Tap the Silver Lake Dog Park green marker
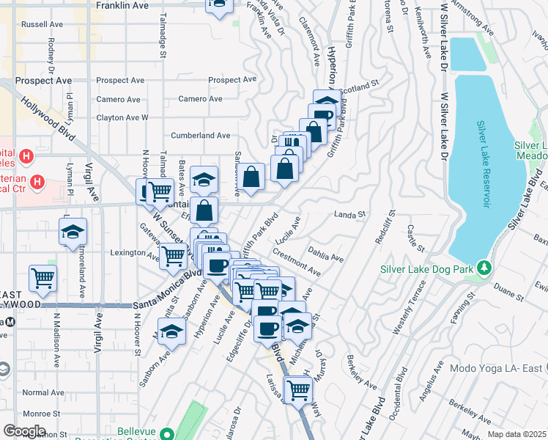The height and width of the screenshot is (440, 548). [483, 269]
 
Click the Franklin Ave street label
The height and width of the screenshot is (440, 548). [122, 5]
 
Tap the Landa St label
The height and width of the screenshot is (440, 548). [349, 215]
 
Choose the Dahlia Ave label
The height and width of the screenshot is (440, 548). [326, 257]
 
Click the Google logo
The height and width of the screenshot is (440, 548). [24, 431]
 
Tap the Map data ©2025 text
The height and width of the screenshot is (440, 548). [516, 434]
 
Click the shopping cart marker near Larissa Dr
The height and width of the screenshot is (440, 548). [298, 390]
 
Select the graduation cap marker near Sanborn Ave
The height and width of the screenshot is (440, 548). [171, 331]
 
